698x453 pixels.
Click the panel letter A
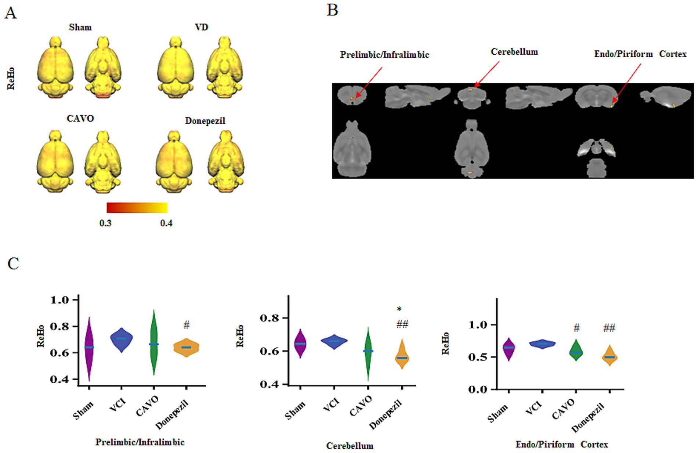pos(10,13)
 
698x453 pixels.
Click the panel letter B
pos(332,10)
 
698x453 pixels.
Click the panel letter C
pos(13,263)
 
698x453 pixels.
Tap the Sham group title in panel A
pos(80,27)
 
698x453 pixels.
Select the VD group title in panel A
pos(201,27)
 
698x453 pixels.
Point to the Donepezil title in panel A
pos(205,121)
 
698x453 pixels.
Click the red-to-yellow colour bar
pos(137,208)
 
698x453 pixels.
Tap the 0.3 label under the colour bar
pos(105,223)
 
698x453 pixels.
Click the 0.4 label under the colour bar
pos(166,223)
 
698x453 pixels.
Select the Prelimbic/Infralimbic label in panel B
pos(384,55)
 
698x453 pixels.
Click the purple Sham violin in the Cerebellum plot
pos(300,343)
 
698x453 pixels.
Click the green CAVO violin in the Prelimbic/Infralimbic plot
pos(154,344)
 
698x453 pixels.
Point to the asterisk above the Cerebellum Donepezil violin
pos(399,309)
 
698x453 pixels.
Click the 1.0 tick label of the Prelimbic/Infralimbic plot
pos(59,300)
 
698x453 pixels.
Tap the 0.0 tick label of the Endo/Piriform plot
pos(477,389)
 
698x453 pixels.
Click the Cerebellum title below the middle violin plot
pos(350,446)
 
